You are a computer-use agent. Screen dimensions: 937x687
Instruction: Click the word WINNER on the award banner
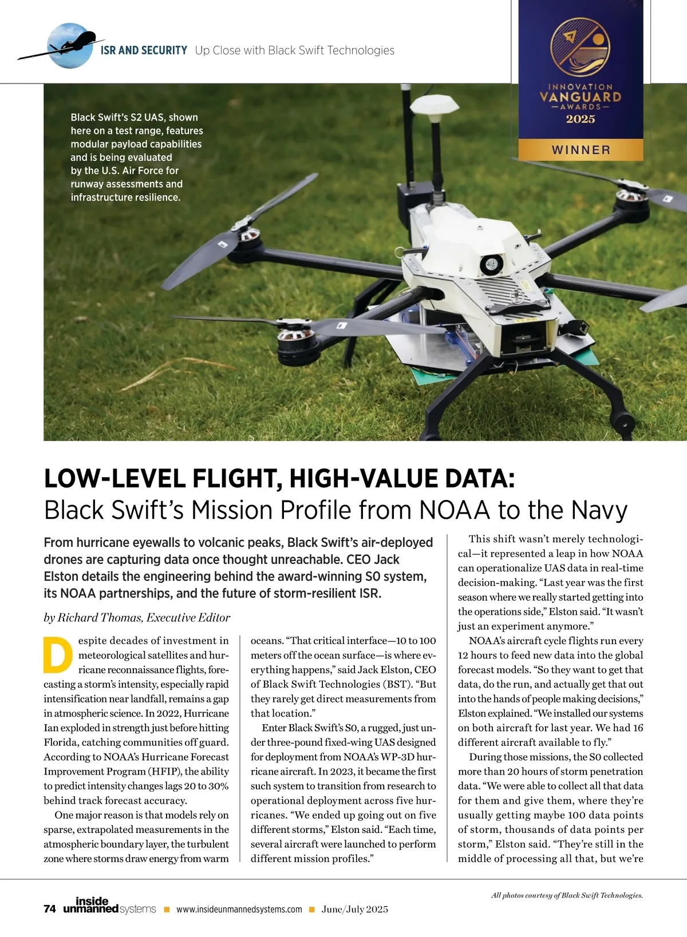[x=581, y=150]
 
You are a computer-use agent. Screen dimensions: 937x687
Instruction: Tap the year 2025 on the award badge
[x=581, y=119]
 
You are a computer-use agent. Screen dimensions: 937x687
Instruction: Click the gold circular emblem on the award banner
[x=580, y=47]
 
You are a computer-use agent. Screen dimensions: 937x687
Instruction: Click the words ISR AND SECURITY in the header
[x=144, y=50]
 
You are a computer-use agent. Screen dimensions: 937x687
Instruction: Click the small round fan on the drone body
[x=491, y=264]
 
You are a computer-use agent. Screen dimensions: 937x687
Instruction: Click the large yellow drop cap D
[x=58, y=654]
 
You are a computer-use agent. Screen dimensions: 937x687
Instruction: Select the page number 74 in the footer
[x=50, y=909]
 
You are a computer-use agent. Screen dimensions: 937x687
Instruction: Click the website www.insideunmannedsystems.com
[x=239, y=910]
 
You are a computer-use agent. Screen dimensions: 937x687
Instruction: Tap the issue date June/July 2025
[x=354, y=910]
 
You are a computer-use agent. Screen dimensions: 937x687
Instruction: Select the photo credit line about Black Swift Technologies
[x=567, y=895]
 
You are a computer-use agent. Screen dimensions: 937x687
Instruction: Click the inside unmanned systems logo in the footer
[x=109, y=906]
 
